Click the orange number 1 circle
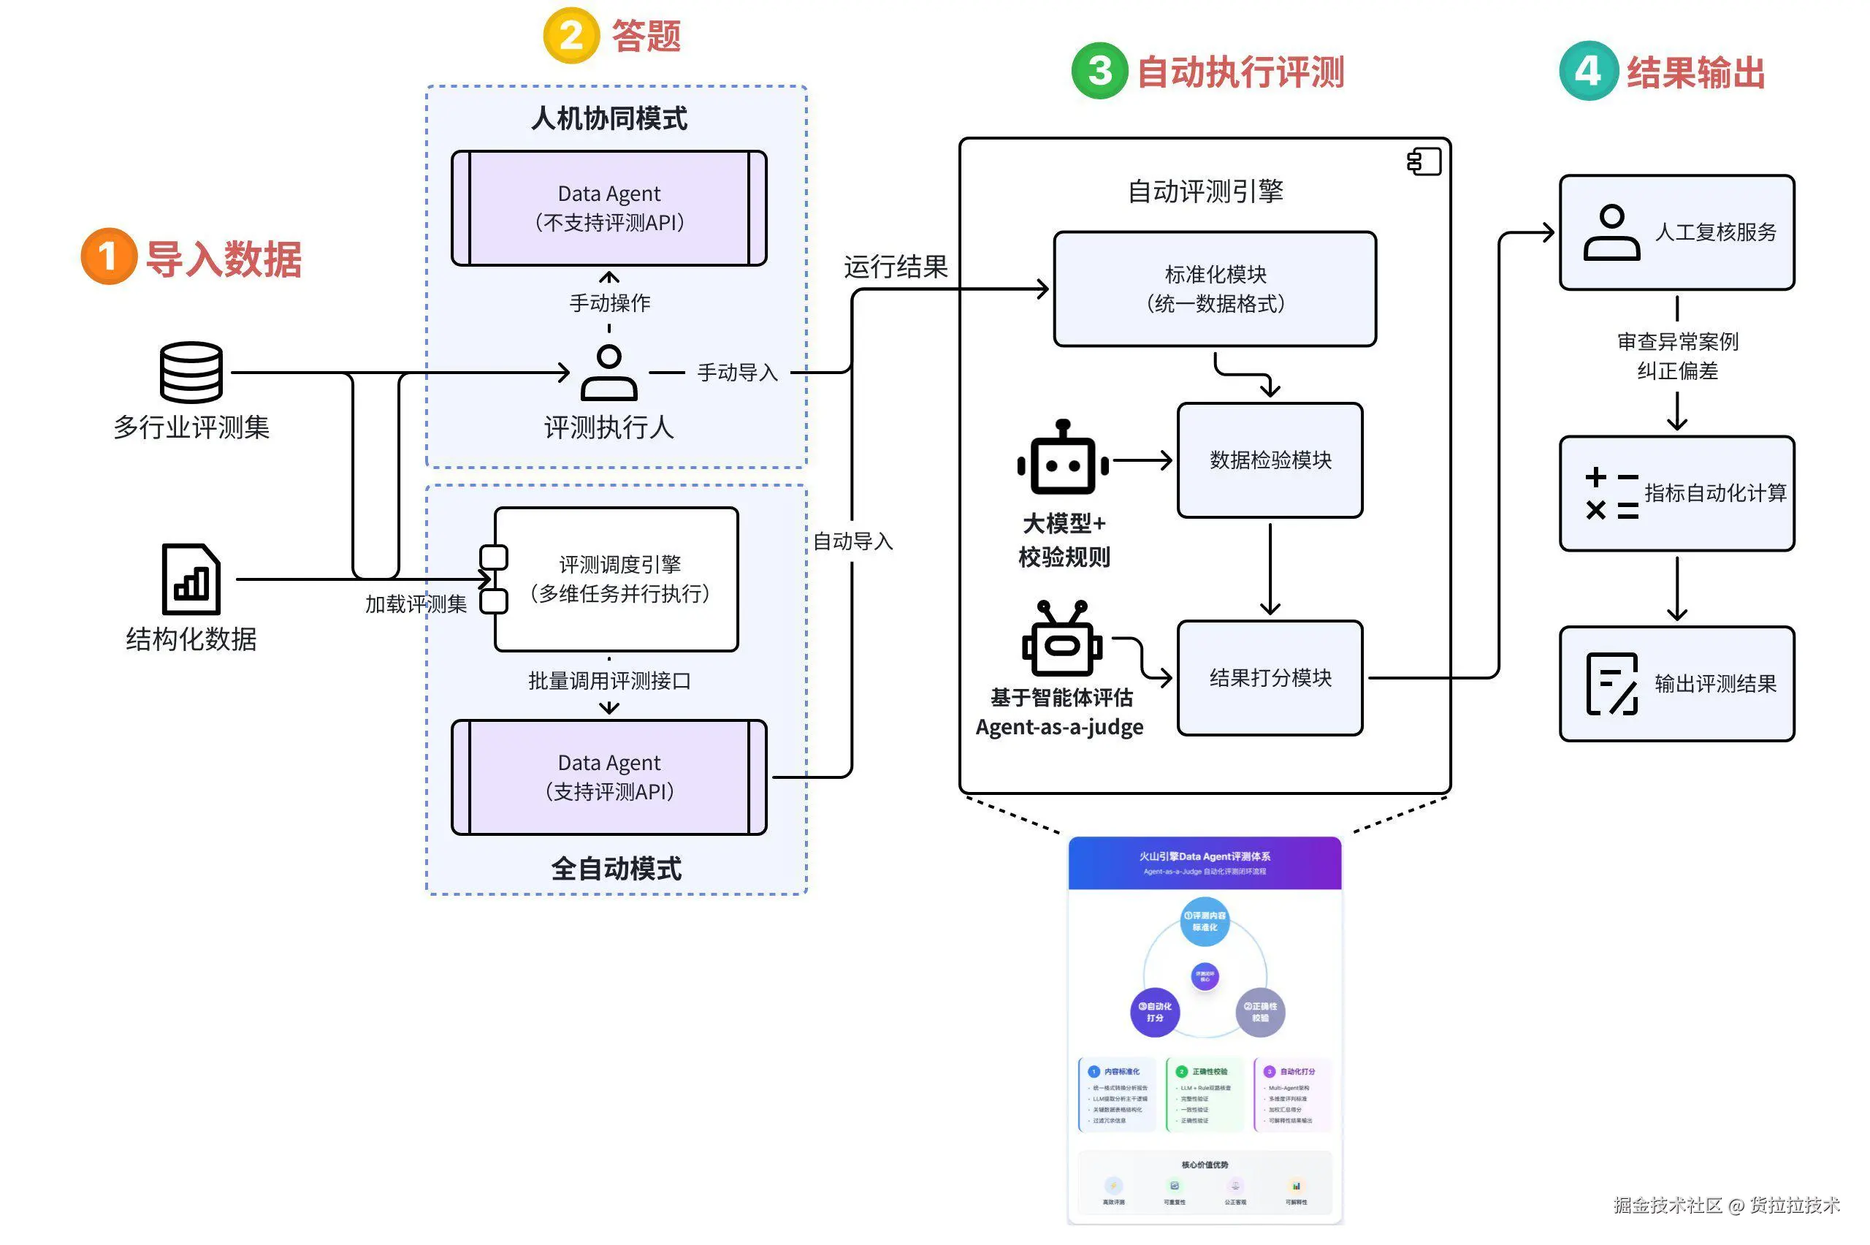[109, 256]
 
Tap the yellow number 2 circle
[570, 36]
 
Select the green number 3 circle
[1099, 72]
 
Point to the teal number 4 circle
[1587, 72]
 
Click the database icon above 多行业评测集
[191, 373]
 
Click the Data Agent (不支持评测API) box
[608, 208]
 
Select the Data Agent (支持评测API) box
[608, 777]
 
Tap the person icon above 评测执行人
[608, 373]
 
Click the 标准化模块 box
[1214, 289]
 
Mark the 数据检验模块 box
[1270, 460]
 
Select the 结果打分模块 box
[1270, 678]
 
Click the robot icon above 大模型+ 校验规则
[1063, 459]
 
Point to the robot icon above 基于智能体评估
[1062, 640]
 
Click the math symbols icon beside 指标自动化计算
[1611, 493]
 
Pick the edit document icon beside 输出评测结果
[1611, 684]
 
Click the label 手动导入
[737, 373]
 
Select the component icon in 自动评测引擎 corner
[1424, 162]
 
